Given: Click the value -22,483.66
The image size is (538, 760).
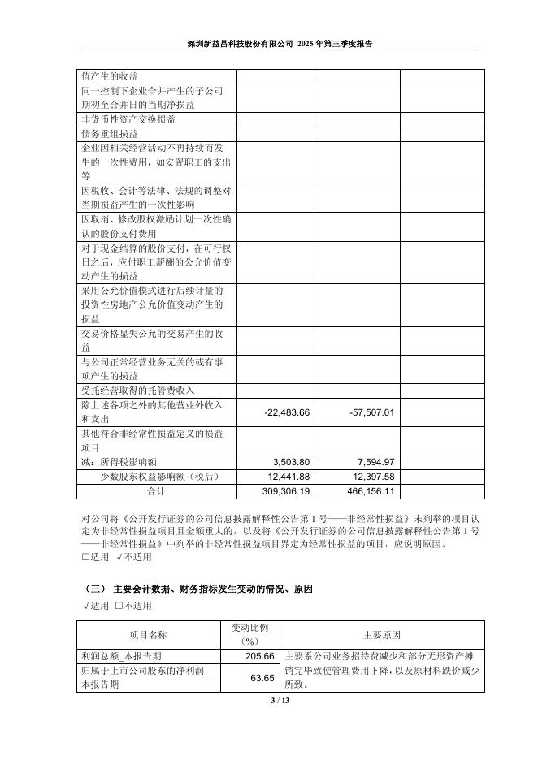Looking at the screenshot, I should point(288,412).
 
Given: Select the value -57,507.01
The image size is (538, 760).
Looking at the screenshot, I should point(371,412).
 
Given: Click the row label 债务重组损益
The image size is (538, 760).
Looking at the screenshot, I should point(109,134).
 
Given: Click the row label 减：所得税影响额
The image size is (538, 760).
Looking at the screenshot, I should point(120,462).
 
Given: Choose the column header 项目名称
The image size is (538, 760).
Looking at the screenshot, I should point(148,634).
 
